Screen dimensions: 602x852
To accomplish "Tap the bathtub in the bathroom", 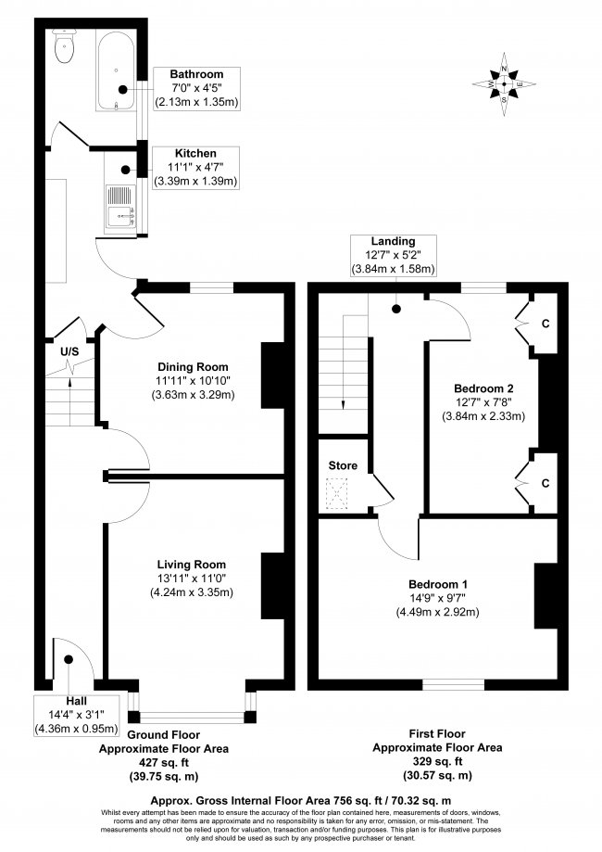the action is pyautogui.click(x=116, y=70).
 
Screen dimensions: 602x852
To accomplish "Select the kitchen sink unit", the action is pyautogui.click(x=120, y=209).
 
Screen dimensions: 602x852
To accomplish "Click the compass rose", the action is pyautogui.click(x=504, y=84).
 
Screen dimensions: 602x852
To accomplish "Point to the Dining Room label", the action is pyautogui.click(x=193, y=367).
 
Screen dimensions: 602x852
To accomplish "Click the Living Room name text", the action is pyautogui.click(x=192, y=565).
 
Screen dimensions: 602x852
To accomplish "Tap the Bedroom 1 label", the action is pyautogui.click(x=437, y=584).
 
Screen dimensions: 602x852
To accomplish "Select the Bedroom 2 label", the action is pyautogui.click(x=483, y=388).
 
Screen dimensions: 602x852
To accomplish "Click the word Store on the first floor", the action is pyautogui.click(x=343, y=465).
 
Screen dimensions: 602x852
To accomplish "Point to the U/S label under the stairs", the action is pyautogui.click(x=69, y=351).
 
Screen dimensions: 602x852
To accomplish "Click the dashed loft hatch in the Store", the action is pyautogui.click(x=336, y=493).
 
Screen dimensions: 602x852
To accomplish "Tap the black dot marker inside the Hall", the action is pyautogui.click(x=69, y=659).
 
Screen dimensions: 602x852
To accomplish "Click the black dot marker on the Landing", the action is pyautogui.click(x=396, y=309).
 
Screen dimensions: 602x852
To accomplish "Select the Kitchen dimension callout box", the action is pyautogui.click(x=196, y=168).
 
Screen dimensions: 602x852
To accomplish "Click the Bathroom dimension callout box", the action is pyautogui.click(x=196, y=88).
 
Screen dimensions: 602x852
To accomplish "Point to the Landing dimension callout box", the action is pyautogui.click(x=393, y=255).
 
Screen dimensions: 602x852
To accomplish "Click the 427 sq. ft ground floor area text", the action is pyautogui.click(x=163, y=762).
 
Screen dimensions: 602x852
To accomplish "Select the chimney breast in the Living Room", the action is pyautogui.click(x=273, y=586).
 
